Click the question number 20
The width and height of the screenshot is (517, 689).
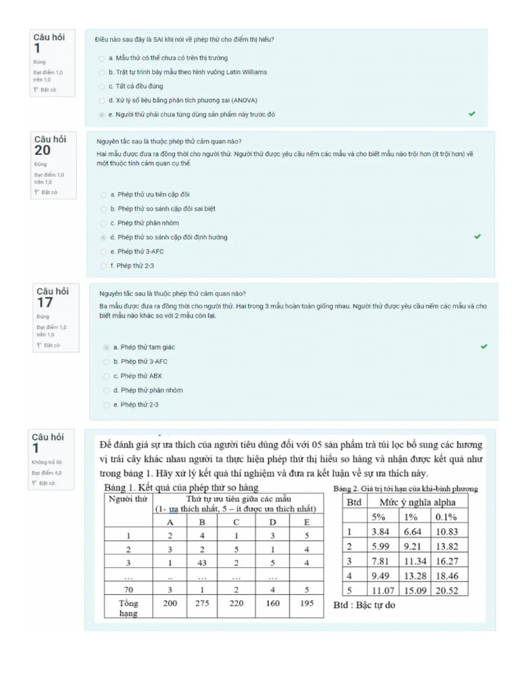click(42, 151)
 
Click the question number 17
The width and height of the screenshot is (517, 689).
click(44, 303)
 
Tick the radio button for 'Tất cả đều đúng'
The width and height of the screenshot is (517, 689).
click(102, 86)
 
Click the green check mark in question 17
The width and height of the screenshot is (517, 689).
click(483, 347)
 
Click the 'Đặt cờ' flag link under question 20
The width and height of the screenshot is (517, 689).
click(46, 192)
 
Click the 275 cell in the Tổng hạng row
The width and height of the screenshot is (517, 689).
click(202, 603)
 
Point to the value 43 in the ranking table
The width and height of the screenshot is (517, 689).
click(202, 563)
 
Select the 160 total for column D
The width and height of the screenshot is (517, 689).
click(272, 603)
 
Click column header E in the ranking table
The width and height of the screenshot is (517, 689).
click(307, 522)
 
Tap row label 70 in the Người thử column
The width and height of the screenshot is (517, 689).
click(128, 589)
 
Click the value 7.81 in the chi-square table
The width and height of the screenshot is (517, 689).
click(381, 561)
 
